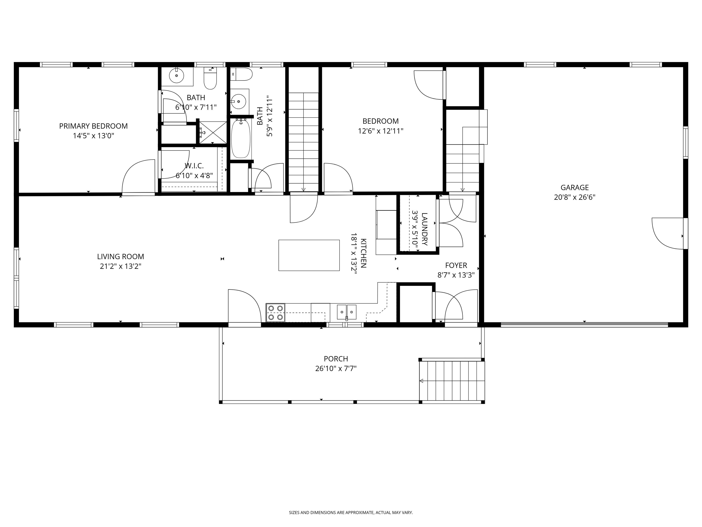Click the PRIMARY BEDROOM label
pyautogui.click(x=93, y=126)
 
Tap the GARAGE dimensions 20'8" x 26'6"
pyautogui.click(x=574, y=197)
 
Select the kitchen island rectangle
pyautogui.click(x=309, y=255)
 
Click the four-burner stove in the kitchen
pyautogui.click(x=275, y=313)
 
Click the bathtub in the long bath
pyautogui.click(x=241, y=139)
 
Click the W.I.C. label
pyautogui.click(x=194, y=166)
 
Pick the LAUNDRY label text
pyautogui.click(x=425, y=229)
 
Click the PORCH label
pyautogui.click(x=336, y=359)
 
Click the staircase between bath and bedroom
pyautogui.click(x=303, y=141)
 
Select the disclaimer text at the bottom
pyautogui.click(x=351, y=495)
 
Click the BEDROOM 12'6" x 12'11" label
pyautogui.click(x=380, y=126)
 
